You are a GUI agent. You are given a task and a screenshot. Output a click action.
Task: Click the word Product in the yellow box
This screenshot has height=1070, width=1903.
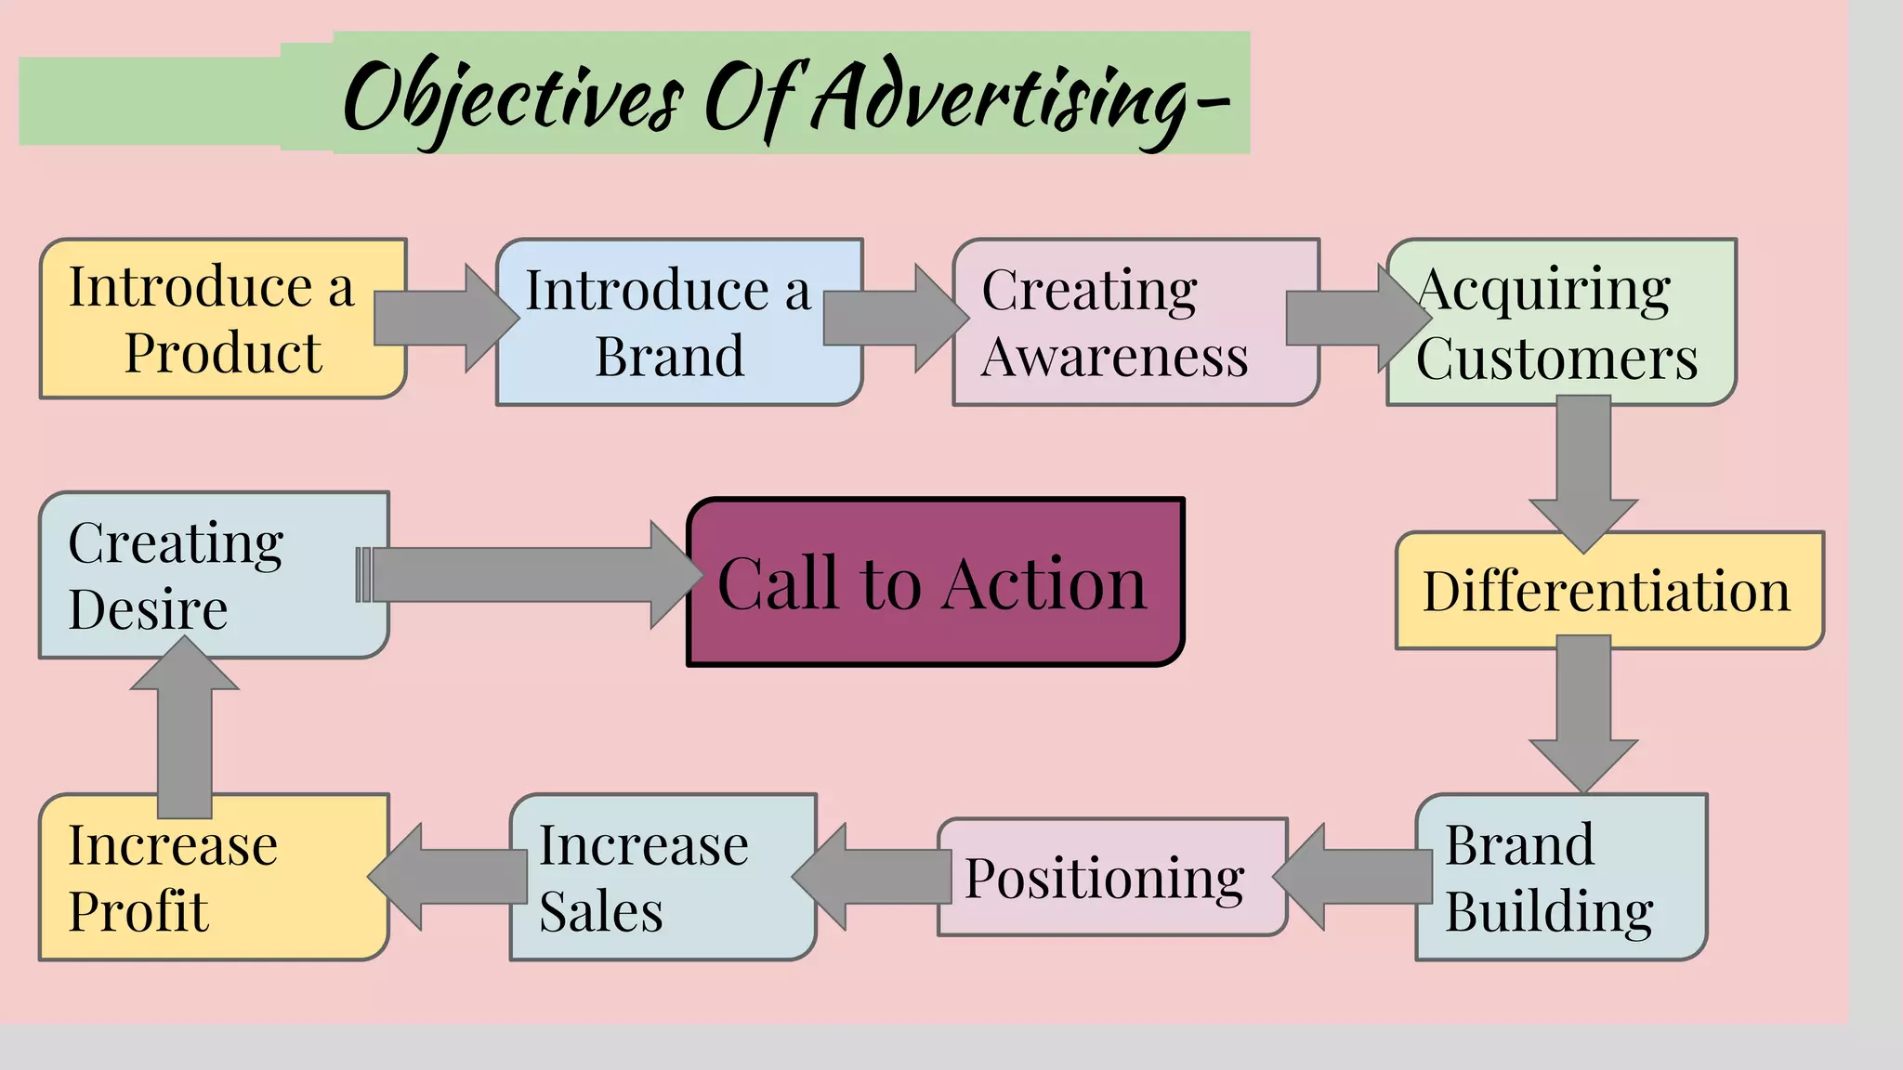tap(223, 353)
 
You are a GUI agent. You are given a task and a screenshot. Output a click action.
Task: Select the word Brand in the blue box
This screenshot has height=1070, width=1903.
tap(669, 356)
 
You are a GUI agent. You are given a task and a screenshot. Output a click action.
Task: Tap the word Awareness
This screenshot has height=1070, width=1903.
tap(1114, 357)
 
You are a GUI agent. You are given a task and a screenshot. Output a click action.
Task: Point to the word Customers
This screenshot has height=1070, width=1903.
tap(1556, 359)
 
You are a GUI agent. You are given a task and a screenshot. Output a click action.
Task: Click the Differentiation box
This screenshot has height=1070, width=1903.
tap(1608, 592)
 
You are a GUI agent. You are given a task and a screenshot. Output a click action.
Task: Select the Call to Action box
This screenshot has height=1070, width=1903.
tap(934, 583)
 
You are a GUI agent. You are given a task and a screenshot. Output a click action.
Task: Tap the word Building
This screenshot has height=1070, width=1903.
tap(1549, 911)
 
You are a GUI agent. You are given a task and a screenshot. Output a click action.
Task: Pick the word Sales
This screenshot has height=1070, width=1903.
tap(601, 911)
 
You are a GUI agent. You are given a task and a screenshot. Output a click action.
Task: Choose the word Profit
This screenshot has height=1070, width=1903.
tap(138, 911)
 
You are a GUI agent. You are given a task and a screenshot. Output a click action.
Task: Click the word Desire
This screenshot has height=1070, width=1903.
tap(148, 609)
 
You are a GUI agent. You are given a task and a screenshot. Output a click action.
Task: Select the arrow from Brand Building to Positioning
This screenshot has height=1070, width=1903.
tap(1356, 877)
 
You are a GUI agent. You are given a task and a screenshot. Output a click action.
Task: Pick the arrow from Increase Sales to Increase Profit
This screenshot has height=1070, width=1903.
tap(450, 877)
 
